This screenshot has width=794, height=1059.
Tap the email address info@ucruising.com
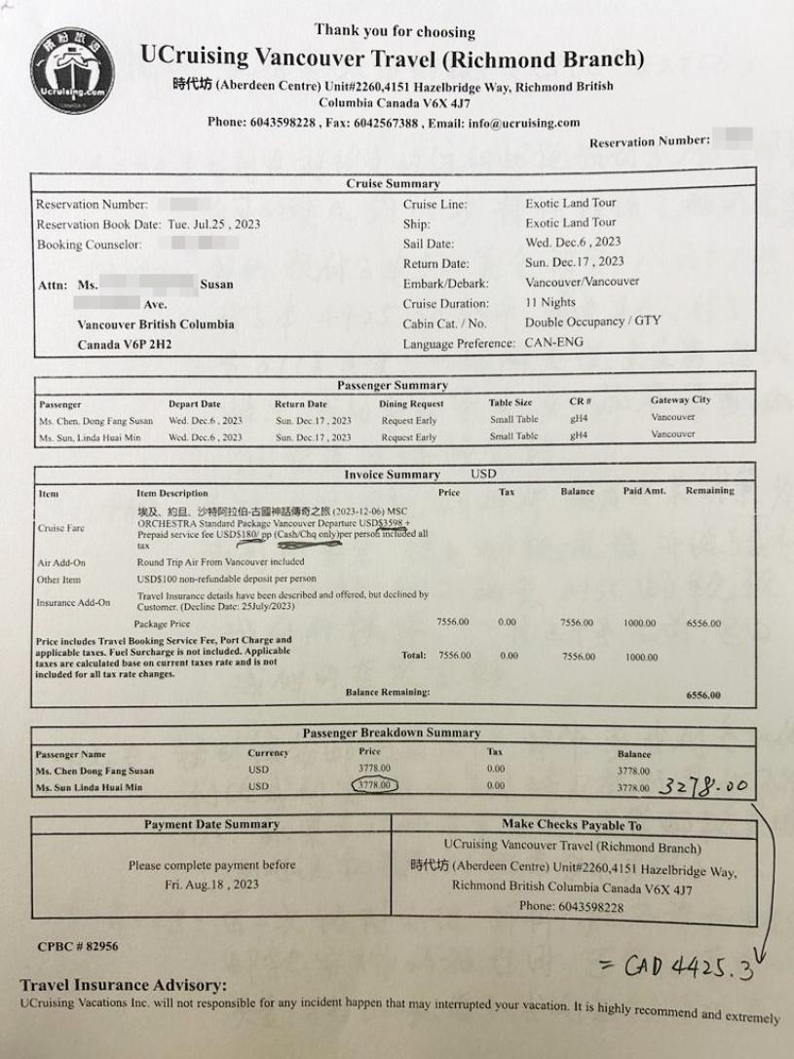pos(527,123)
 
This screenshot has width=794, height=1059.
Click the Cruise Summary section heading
pos(393,183)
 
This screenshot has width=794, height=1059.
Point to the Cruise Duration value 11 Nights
pos(550,303)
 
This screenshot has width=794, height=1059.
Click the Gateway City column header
pos(680,400)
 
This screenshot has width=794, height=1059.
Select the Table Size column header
pos(510,402)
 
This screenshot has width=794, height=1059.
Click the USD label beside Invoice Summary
pos(484,474)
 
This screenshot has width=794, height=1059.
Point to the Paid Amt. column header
pos(644,492)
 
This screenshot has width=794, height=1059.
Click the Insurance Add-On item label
pos(73,602)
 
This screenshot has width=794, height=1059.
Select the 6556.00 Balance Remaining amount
pos(703,696)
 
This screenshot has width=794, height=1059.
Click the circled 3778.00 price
pos(373,784)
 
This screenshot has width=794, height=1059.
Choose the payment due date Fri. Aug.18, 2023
pos(211,885)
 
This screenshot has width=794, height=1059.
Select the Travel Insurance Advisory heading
pos(123,986)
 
